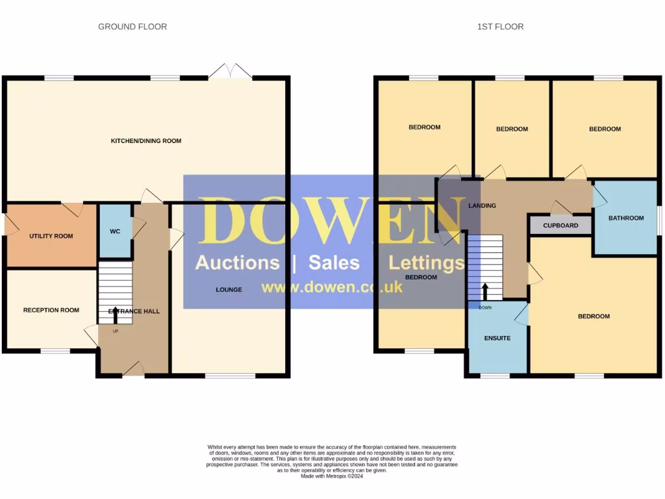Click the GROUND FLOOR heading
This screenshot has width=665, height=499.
pos(132,27)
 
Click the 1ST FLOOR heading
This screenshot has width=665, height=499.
pos(500,27)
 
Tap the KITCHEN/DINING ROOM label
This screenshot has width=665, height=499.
pos(146,141)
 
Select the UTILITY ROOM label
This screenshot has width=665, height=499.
pos(51,236)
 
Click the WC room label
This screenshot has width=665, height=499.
pos(115,231)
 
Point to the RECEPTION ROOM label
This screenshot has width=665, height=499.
pos(51,310)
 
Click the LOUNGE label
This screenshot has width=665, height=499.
pos(229,289)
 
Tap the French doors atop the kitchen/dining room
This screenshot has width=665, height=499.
pos(231,72)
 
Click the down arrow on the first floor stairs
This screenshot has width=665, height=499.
pos(484,291)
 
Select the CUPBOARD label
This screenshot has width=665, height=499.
pos(560,225)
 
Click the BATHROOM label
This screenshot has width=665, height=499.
pos(626,218)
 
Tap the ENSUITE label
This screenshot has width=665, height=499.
pos(497,338)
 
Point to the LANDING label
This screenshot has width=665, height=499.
pos(482,205)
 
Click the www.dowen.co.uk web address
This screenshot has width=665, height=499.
pos(332,287)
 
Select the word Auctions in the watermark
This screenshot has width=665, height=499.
pos(237,262)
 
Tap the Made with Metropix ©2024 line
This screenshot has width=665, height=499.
pos(332,476)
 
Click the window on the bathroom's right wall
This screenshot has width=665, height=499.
pos(659,218)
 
